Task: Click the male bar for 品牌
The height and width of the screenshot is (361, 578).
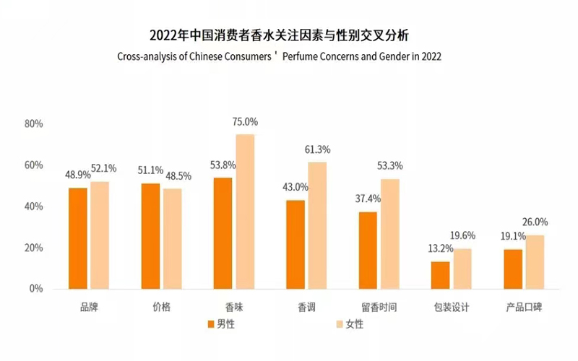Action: point(78,238)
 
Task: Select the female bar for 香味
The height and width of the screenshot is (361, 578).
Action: point(245,212)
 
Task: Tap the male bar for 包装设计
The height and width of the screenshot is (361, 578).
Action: point(440,275)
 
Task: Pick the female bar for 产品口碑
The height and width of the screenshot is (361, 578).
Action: point(535,262)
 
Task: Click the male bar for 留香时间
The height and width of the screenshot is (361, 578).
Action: point(368,250)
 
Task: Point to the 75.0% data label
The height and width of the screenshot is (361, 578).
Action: point(245,122)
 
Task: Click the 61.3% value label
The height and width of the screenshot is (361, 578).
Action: point(318,150)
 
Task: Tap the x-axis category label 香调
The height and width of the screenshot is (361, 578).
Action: point(306,308)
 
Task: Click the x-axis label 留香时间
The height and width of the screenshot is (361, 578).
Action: point(379,308)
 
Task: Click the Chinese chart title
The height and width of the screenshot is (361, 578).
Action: point(288,35)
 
